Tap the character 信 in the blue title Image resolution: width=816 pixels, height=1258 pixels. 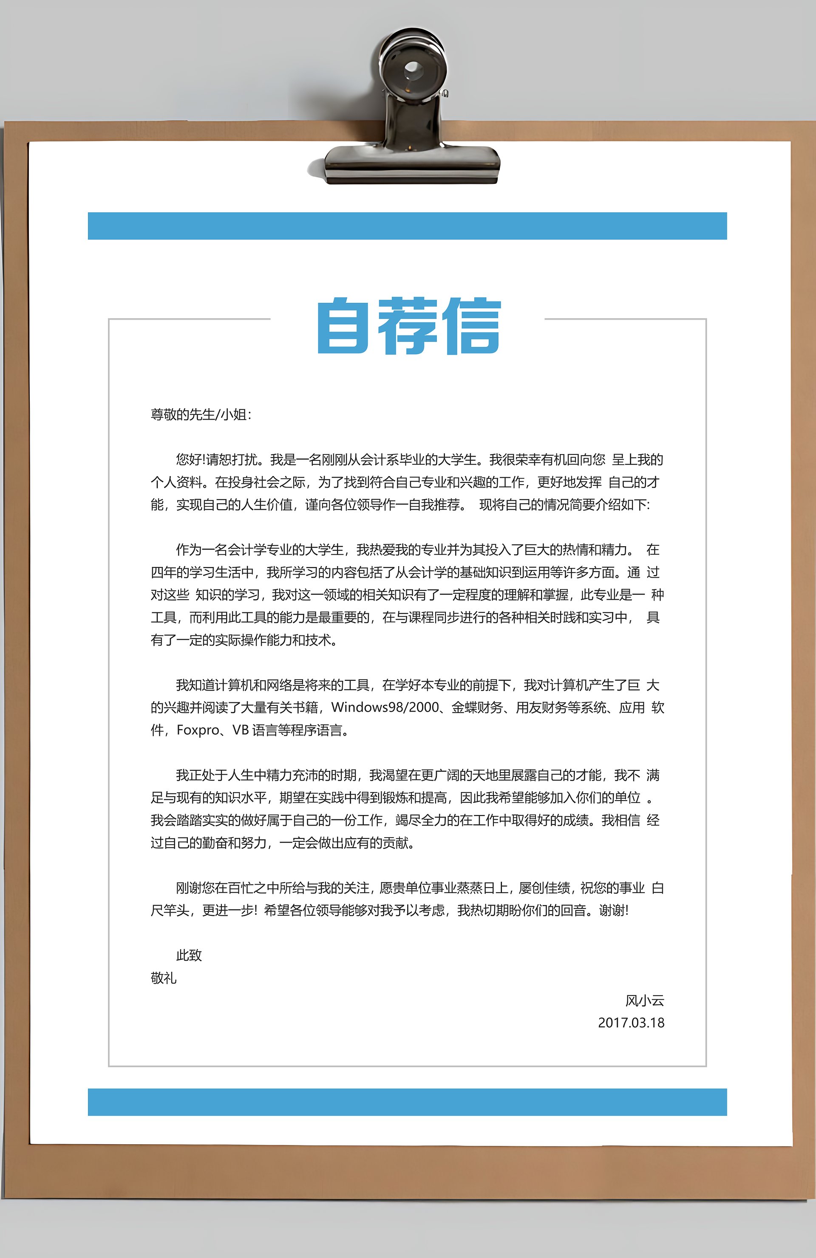click(x=472, y=326)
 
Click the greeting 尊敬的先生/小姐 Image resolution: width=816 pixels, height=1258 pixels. click(x=201, y=415)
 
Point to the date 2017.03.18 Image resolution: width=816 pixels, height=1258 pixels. click(x=631, y=1022)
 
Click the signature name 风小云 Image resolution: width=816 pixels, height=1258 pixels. click(x=645, y=1000)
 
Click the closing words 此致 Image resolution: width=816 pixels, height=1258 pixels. click(x=189, y=955)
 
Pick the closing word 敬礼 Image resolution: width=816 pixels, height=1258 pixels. click(x=163, y=978)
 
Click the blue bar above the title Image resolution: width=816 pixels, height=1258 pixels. click(x=407, y=226)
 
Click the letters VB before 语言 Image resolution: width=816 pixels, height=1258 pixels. click(x=241, y=730)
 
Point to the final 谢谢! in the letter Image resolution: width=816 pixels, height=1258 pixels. click(x=613, y=910)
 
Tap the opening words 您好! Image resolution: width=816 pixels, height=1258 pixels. click(x=190, y=460)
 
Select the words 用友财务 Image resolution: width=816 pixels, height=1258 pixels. click(x=541, y=707)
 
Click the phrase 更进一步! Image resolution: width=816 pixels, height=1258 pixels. click(x=229, y=910)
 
